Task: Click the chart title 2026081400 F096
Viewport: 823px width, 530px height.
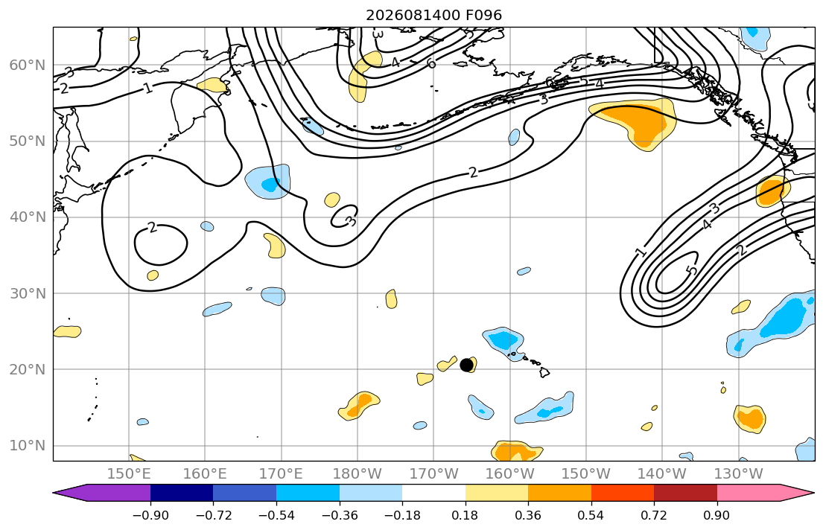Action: (433, 15)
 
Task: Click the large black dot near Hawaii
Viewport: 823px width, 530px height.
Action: (466, 365)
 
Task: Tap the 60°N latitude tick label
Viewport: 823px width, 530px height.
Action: (28, 65)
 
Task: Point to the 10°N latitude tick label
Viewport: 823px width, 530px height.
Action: (28, 446)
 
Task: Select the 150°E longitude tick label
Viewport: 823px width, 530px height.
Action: (129, 474)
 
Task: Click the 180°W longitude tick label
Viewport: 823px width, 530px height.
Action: (358, 474)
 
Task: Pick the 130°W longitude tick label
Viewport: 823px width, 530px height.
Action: (739, 474)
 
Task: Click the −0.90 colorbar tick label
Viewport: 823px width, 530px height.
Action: (150, 515)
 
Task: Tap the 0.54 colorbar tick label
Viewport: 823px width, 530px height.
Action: (591, 515)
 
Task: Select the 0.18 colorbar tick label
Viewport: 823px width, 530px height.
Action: (465, 515)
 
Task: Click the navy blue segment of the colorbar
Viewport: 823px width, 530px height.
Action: (182, 493)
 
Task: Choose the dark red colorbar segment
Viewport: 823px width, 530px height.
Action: (685, 493)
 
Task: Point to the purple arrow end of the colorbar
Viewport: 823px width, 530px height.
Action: (101, 493)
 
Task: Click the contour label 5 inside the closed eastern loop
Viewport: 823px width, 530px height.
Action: (693, 270)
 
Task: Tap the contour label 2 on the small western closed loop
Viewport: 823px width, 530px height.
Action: (152, 227)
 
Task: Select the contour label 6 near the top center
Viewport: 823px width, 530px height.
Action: (431, 63)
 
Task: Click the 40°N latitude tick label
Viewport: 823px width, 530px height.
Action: (28, 217)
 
